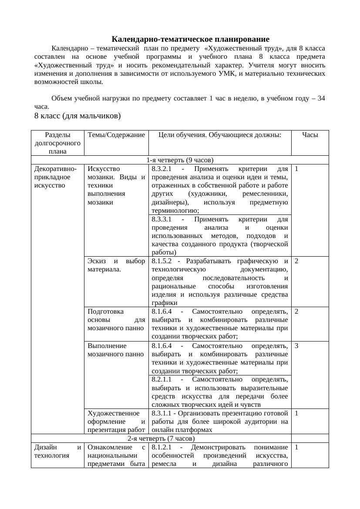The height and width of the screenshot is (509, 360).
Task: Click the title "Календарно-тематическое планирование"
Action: point(190,39)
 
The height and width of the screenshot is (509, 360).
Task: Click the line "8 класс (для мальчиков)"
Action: point(77,116)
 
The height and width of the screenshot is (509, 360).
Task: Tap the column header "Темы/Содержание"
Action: point(116,135)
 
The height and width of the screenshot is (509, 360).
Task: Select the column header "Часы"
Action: point(310,135)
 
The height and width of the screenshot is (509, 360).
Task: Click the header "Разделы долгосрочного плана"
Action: point(57,143)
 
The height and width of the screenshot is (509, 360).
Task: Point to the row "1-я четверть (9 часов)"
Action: point(180,160)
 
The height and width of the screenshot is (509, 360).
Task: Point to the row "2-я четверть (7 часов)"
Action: point(161,438)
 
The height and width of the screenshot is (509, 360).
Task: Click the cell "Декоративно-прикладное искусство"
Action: point(55,177)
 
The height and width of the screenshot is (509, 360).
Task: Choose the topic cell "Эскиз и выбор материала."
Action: point(116,265)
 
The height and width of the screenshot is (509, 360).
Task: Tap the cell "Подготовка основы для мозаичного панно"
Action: point(116,319)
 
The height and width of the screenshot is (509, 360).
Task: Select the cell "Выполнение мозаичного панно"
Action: point(116,350)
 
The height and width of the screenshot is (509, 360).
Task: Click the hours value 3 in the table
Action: point(296,346)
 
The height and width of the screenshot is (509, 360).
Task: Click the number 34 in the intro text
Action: point(321,98)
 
